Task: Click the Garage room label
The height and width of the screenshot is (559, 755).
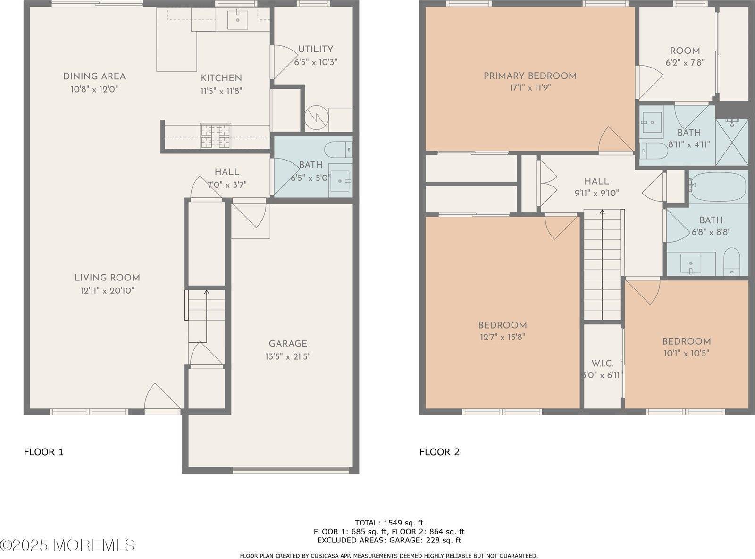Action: pos(288,344)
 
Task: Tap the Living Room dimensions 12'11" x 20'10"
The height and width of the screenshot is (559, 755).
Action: pos(107,291)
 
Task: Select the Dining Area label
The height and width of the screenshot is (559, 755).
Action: pos(94,76)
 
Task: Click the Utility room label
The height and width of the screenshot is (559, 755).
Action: pos(315,49)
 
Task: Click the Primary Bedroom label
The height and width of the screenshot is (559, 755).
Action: pos(530,76)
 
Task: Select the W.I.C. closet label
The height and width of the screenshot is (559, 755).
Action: pos(602,364)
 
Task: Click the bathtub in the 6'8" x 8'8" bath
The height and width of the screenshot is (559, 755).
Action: pos(718,187)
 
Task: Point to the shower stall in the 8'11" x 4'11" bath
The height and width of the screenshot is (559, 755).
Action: pos(732,142)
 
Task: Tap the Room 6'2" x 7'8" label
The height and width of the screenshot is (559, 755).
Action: pos(685,51)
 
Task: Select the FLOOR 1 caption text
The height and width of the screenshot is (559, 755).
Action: pos(43,452)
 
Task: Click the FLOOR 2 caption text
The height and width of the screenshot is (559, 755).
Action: pos(439,452)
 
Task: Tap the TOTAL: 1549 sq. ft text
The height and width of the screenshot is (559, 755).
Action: pos(389,523)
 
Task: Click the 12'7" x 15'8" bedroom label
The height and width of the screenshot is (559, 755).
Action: pos(502,325)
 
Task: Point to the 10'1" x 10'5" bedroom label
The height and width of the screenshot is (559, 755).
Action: pos(686,341)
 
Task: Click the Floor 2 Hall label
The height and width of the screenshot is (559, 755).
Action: pos(596,181)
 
